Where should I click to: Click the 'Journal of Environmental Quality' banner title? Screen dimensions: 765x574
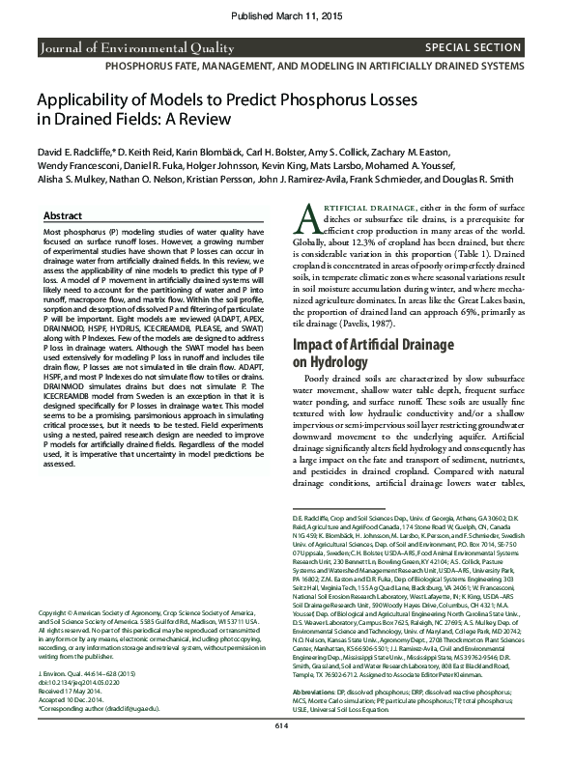point(123,46)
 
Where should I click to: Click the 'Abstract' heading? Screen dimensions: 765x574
point(64,216)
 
